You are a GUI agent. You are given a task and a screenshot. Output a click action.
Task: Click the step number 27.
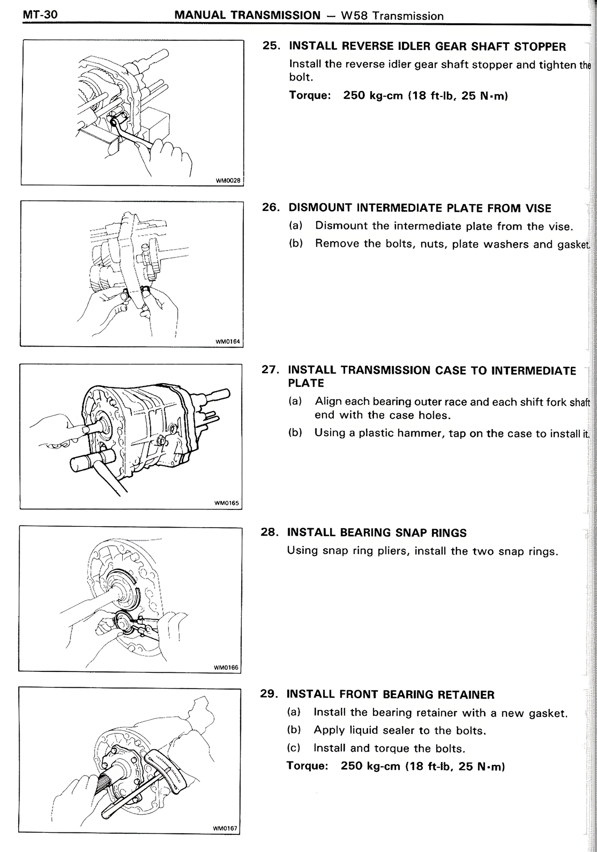(x=271, y=370)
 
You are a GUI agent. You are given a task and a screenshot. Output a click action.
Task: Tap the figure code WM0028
(x=228, y=181)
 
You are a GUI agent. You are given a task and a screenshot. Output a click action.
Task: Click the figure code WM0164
(x=227, y=342)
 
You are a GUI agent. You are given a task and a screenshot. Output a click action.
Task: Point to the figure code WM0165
(x=226, y=503)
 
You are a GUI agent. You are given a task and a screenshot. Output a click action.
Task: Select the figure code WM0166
(x=226, y=667)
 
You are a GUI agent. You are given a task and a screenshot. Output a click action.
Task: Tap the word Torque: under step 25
(x=310, y=95)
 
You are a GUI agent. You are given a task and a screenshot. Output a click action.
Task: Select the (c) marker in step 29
(x=293, y=748)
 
